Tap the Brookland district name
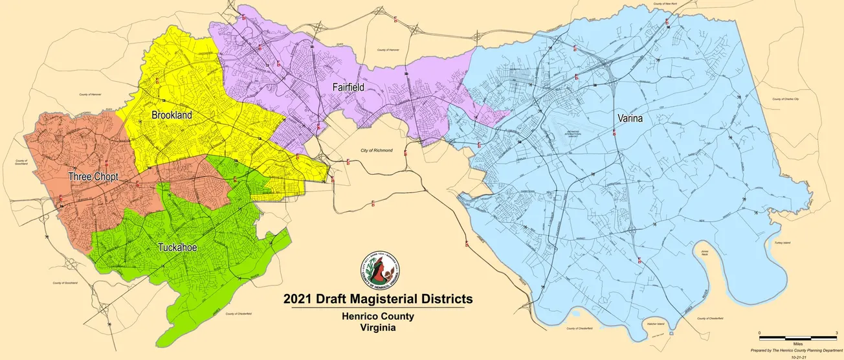173,115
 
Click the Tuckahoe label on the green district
177,247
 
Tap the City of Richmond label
377,150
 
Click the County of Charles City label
786,99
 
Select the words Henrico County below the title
378,317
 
